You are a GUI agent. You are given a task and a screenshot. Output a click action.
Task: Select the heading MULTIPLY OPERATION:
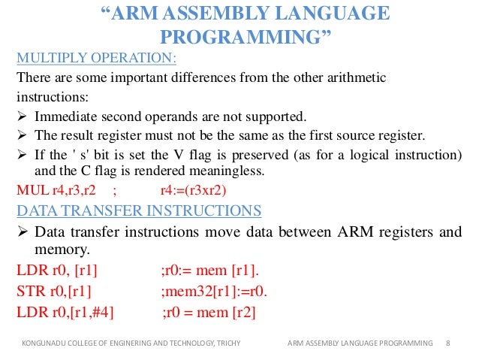pos(97,58)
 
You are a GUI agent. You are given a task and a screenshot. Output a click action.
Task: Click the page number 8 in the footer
pos(448,343)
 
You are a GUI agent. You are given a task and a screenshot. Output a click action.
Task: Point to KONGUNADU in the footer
pos(41,343)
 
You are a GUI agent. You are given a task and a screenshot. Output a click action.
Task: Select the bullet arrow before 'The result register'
pos(22,135)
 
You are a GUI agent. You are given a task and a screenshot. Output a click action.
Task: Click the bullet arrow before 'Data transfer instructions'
pos(22,231)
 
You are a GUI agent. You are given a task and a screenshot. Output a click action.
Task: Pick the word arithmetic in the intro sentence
pos(364,78)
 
